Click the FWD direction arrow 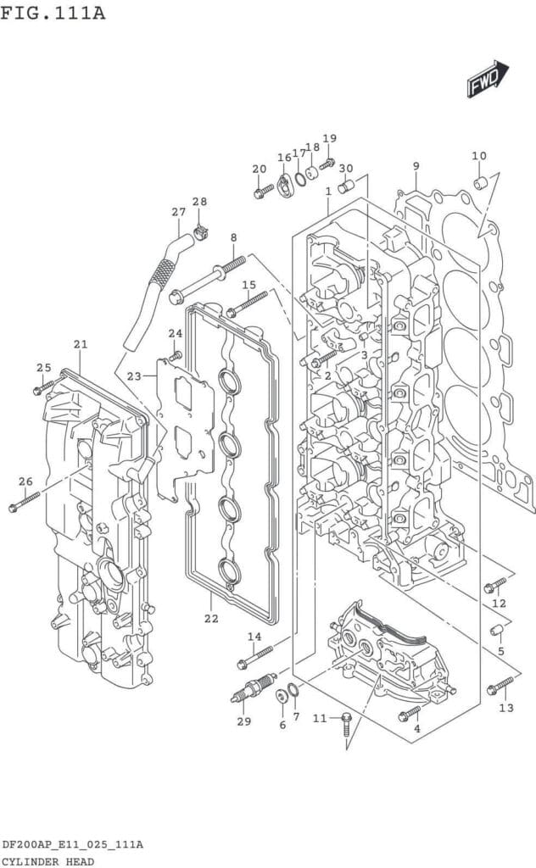tap(488, 79)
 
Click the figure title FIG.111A tap(53, 12)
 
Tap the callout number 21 tap(81, 344)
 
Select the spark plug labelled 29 tap(253, 688)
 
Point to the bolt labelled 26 tap(25, 501)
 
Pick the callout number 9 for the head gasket tap(416, 165)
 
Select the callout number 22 tap(211, 618)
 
